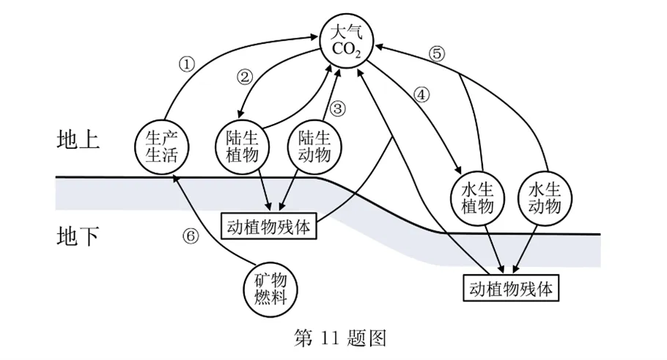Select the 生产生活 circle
163,147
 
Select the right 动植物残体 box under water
511,287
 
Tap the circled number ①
188,63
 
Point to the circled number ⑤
437,53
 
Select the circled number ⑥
190,236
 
